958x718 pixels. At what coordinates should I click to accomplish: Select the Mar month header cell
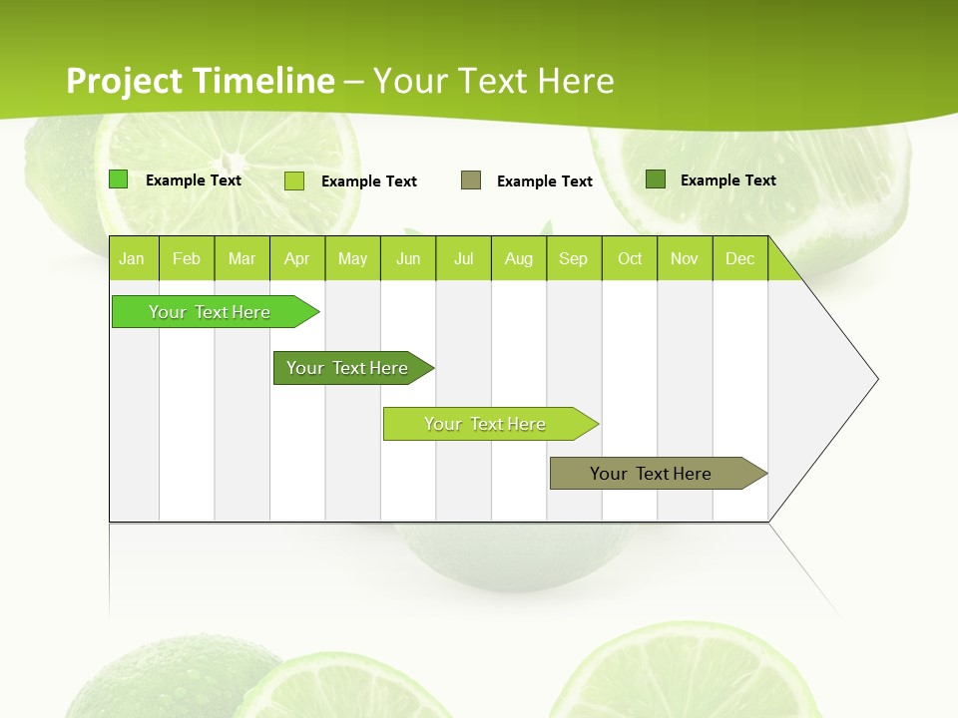241,258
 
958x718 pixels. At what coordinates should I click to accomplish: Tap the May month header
352,258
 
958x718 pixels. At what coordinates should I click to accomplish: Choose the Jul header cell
463,258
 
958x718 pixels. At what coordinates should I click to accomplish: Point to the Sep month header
574,258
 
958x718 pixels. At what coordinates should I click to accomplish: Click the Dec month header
739,258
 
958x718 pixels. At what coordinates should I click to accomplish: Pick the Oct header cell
630,258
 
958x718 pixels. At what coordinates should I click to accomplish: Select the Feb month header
187,258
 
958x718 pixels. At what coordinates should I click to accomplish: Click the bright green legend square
119,179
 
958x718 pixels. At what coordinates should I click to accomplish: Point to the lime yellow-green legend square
294,180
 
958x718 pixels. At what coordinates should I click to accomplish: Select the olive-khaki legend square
471,180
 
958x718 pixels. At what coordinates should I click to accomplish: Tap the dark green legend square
656,179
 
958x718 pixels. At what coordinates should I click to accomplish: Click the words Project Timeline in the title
200,81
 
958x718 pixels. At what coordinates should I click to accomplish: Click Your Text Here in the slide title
493,81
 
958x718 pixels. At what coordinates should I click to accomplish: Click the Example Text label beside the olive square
544,181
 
